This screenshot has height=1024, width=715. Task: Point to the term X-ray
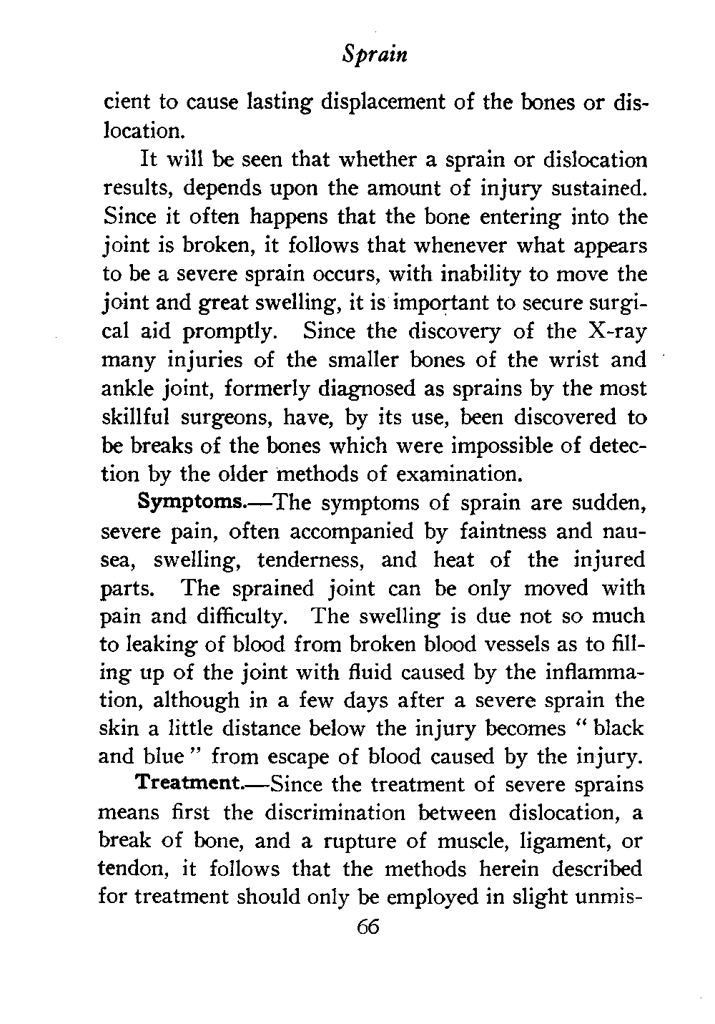(x=614, y=331)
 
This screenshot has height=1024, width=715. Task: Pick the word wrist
(x=571, y=360)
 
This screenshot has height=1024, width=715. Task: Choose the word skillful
(x=138, y=418)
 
